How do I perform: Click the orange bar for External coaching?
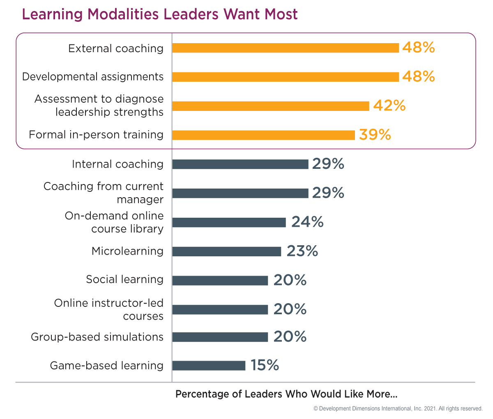click(x=286, y=48)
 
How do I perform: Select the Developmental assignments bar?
click(x=286, y=77)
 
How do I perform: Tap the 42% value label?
click(x=389, y=106)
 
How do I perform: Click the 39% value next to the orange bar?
click(x=375, y=135)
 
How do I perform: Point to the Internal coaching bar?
click(x=240, y=164)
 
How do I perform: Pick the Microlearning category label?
click(x=127, y=251)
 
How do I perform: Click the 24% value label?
click(x=307, y=222)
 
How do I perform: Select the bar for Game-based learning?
click(x=209, y=366)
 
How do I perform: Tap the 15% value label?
click(x=265, y=365)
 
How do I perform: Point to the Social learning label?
click(x=124, y=280)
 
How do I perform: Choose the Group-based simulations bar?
click(x=220, y=337)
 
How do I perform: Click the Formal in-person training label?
click(x=96, y=135)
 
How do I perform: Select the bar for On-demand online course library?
click(x=229, y=223)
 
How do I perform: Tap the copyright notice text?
click(x=398, y=409)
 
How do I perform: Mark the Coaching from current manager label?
click(x=104, y=193)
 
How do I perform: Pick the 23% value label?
click(x=302, y=251)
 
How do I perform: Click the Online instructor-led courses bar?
click(x=220, y=309)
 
